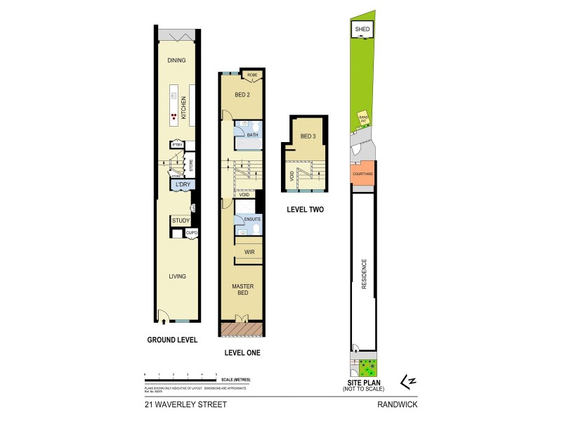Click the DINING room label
176,60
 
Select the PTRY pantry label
177,146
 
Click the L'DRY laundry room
182,184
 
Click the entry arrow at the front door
164,321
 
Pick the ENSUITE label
251,219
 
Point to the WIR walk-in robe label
249,252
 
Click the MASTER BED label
243,290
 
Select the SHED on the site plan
362,29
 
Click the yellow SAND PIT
362,119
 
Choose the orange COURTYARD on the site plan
362,173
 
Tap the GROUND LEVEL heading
172,340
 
